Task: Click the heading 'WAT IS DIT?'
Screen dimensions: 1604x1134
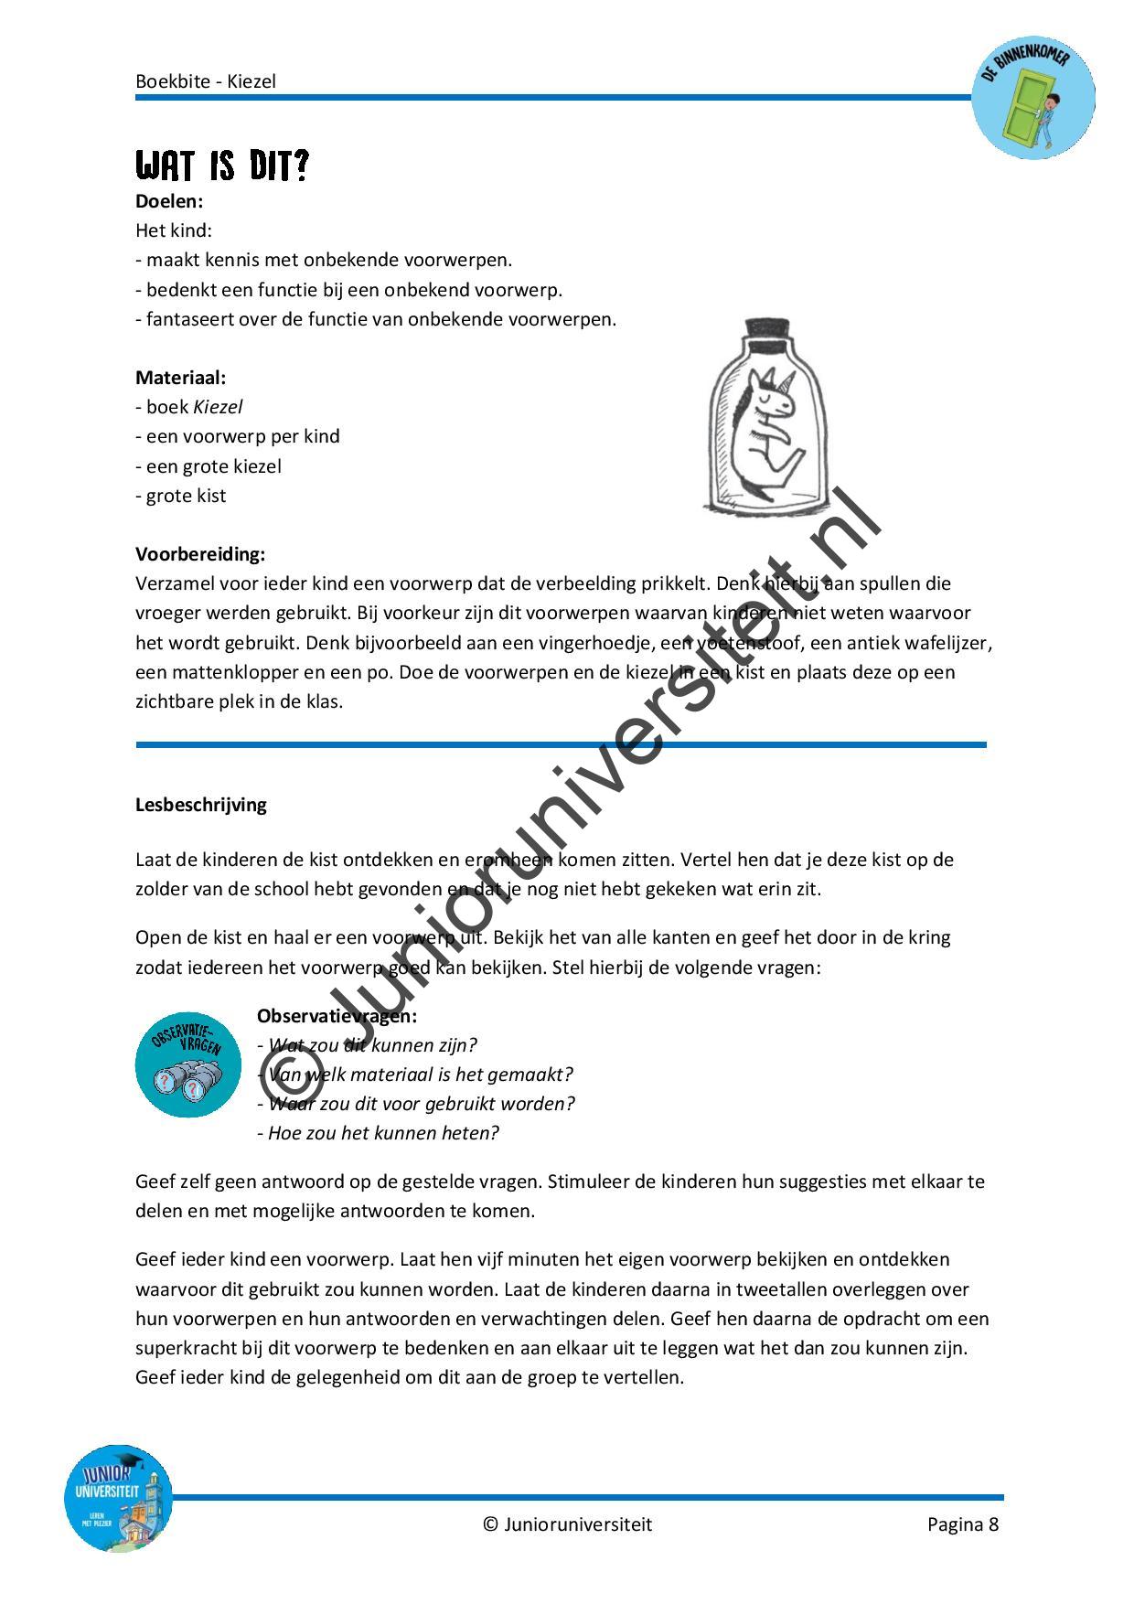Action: tap(222, 167)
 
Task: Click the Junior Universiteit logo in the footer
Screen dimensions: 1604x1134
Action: tap(118, 1498)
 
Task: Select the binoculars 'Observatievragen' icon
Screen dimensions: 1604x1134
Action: tap(188, 1064)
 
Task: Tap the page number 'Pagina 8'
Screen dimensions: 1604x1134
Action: tap(962, 1524)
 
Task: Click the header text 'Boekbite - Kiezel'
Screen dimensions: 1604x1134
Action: tap(206, 80)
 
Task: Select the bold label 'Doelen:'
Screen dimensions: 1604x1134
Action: tap(169, 200)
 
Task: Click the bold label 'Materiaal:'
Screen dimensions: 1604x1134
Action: tap(180, 377)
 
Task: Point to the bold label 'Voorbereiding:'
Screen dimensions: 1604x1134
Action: tap(200, 553)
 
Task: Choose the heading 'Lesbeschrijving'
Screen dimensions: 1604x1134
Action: tap(201, 805)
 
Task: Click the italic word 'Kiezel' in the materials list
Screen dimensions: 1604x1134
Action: tap(218, 407)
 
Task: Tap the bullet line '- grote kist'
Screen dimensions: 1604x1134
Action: tap(181, 496)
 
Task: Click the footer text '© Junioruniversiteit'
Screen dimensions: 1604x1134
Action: tap(567, 1524)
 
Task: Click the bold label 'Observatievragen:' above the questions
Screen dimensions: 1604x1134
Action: tap(337, 1015)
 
